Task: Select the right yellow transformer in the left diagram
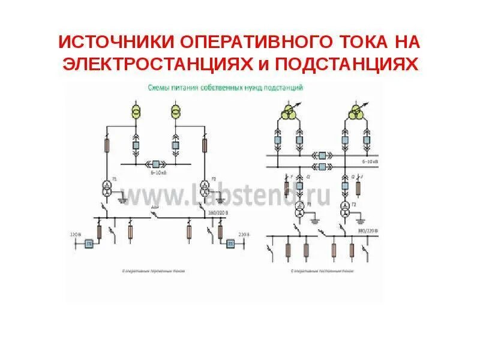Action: click(176, 112)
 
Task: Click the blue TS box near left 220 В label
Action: click(89, 244)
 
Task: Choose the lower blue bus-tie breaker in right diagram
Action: click(322, 166)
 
